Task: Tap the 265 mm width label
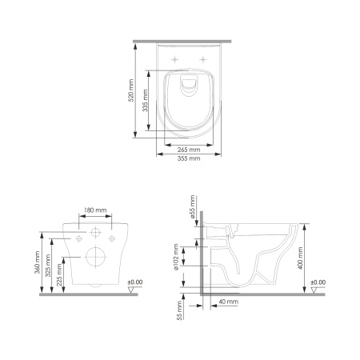point(190,149)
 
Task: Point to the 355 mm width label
point(190,158)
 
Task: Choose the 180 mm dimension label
point(95,210)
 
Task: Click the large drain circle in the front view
point(95,258)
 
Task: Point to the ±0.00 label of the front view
point(134,282)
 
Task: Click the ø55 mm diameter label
point(194,208)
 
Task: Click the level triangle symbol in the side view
point(316,290)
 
